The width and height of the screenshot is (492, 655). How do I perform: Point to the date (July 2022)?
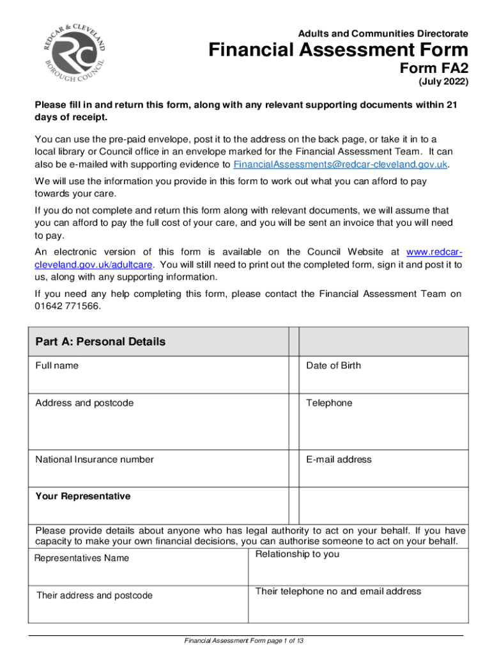[443, 83]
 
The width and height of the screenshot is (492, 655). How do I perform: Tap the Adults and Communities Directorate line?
[383, 33]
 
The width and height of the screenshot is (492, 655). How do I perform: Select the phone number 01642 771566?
[67, 306]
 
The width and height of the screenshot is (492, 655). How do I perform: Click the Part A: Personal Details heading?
[100, 342]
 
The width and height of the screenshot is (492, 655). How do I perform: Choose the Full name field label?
[57, 365]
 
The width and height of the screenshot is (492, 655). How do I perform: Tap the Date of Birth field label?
[333, 365]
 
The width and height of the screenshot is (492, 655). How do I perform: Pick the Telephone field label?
[328, 403]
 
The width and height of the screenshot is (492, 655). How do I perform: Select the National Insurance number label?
[94, 459]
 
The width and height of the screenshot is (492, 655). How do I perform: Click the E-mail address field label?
[339, 459]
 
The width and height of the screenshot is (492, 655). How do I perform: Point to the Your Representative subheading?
[82, 496]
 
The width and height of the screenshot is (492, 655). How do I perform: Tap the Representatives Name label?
[81, 558]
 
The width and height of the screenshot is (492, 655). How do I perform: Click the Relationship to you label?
[297, 554]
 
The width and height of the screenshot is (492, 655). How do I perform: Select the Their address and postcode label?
[94, 596]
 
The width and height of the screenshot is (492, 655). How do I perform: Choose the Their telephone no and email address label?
[338, 591]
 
